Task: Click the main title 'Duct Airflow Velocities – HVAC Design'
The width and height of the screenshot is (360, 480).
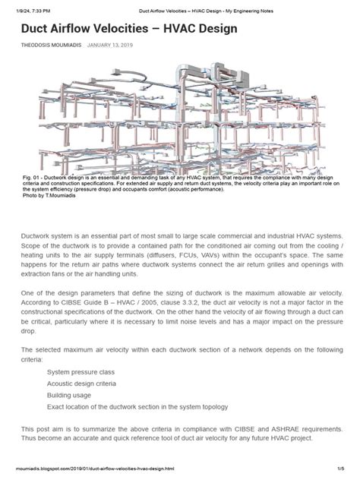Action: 130,29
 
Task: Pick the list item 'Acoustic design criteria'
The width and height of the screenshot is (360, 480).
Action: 84,384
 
